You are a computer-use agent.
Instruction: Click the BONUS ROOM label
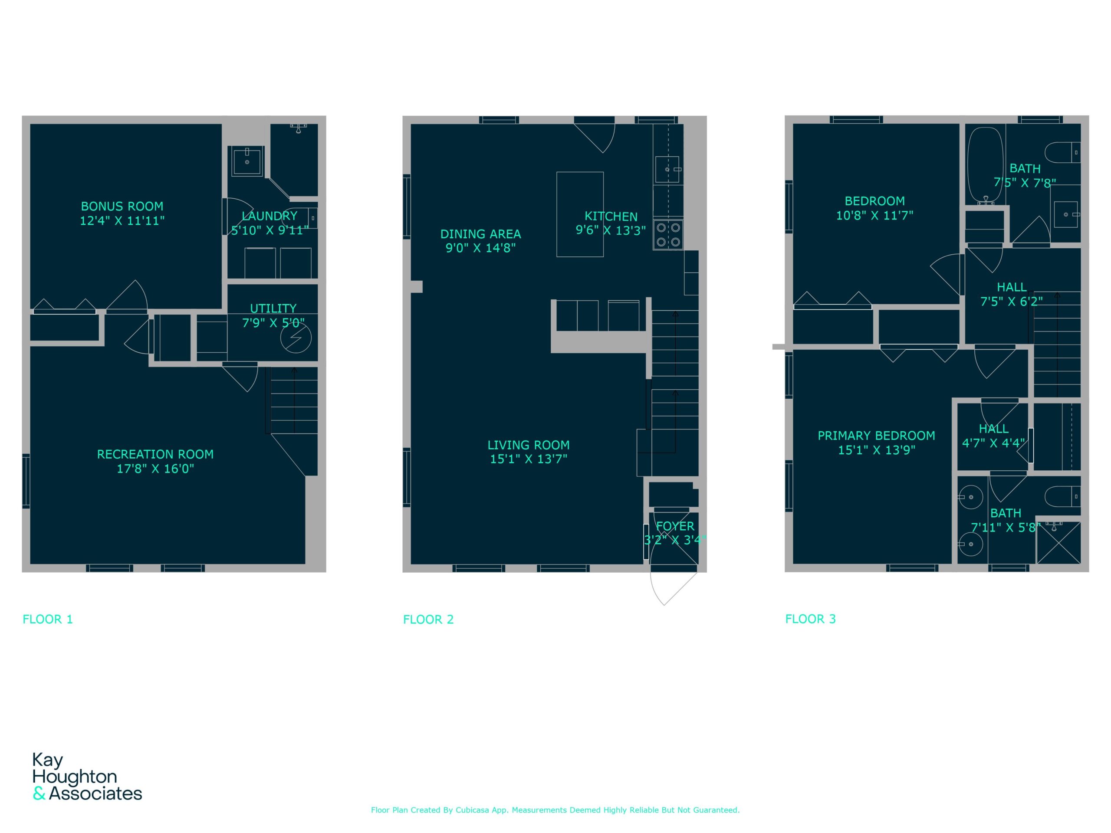click(x=122, y=207)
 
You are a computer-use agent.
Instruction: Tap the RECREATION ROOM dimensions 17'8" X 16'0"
click(x=155, y=469)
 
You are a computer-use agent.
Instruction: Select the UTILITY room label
click(x=273, y=308)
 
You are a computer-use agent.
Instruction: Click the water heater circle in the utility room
click(x=296, y=338)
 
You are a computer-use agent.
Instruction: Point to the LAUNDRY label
click(x=270, y=216)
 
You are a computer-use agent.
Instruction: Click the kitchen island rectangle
click(x=580, y=214)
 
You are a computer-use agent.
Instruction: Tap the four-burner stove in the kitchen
click(x=668, y=234)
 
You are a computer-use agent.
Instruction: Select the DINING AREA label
click(x=481, y=234)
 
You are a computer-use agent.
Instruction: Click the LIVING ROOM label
click(x=529, y=445)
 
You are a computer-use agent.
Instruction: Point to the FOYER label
click(x=675, y=526)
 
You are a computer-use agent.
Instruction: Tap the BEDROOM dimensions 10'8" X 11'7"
click(x=874, y=215)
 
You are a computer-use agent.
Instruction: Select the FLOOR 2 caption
click(x=428, y=620)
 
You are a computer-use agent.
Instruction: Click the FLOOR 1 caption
click(x=48, y=619)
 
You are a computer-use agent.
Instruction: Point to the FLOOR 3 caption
click(x=811, y=619)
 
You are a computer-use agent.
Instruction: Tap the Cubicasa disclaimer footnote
click(x=555, y=810)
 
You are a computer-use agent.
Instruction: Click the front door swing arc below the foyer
click(x=654, y=593)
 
